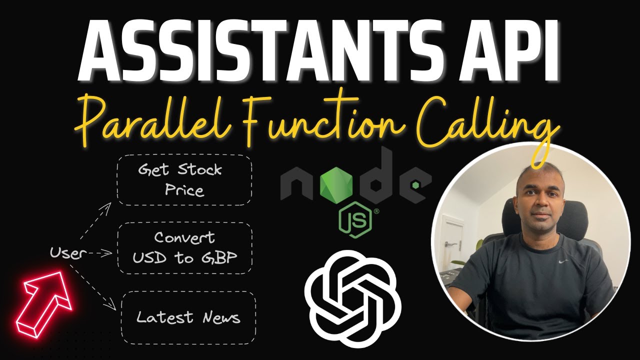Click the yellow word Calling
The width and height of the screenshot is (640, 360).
(495, 122)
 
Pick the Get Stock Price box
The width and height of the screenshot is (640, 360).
(184, 180)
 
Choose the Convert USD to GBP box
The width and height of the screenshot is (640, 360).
(184, 248)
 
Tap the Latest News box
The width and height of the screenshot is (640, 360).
(188, 317)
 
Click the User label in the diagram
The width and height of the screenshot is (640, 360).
(65, 253)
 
